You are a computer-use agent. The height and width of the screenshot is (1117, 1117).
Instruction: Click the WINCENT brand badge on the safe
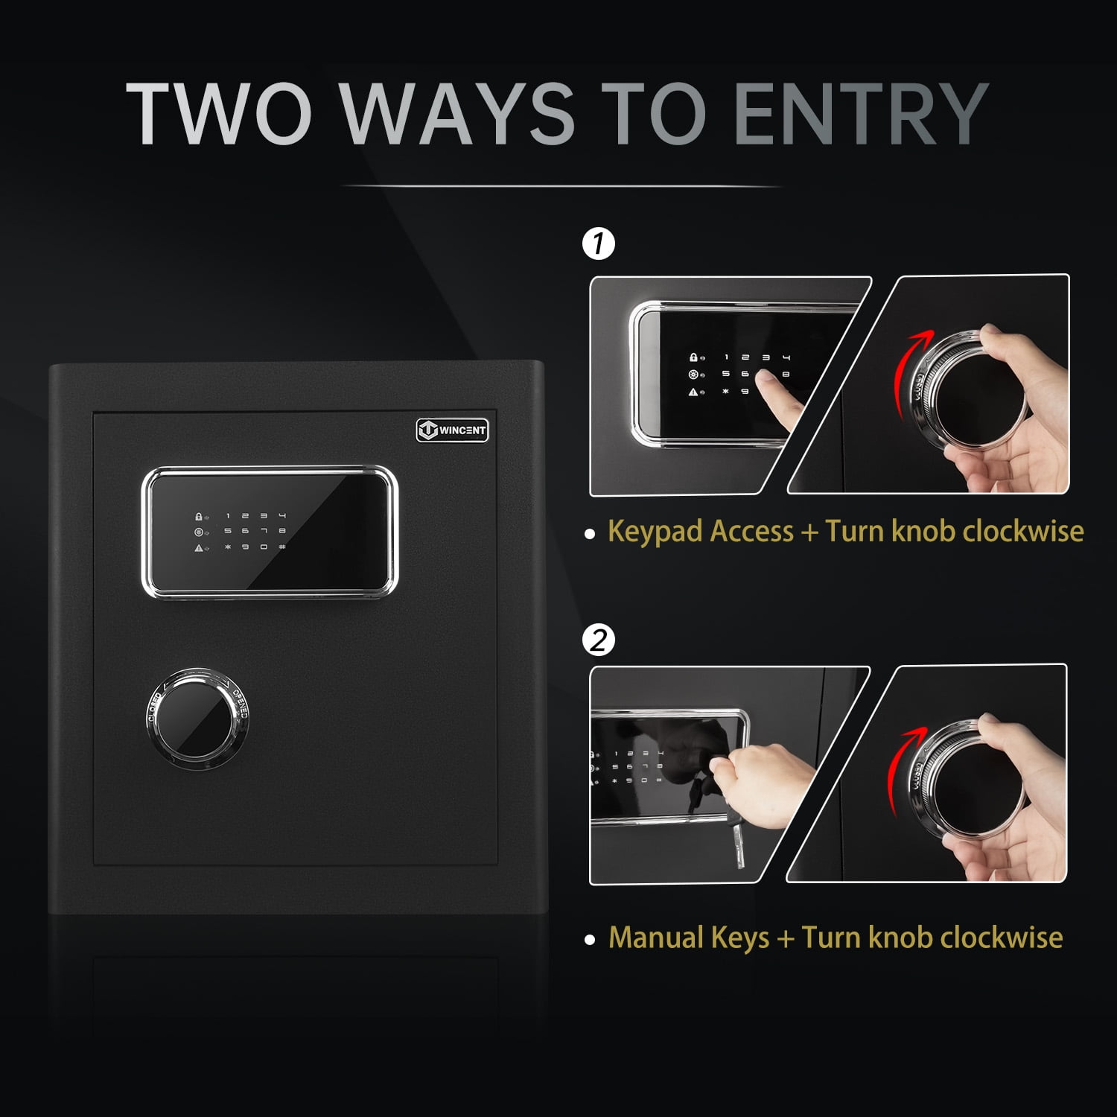tap(452, 430)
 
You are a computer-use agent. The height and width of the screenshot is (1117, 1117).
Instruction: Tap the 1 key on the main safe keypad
tap(228, 515)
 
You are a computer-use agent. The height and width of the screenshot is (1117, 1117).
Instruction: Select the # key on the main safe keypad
tap(282, 547)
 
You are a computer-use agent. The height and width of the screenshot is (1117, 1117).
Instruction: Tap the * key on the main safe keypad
tap(228, 547)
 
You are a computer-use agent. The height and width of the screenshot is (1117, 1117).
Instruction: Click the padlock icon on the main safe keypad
tap(199, 515)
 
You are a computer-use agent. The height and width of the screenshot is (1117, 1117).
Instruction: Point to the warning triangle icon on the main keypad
tap(199, 548)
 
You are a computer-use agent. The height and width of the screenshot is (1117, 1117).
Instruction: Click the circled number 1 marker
tap(599, 244)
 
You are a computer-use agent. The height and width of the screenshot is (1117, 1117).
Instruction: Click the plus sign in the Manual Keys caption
tap(785, 938)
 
